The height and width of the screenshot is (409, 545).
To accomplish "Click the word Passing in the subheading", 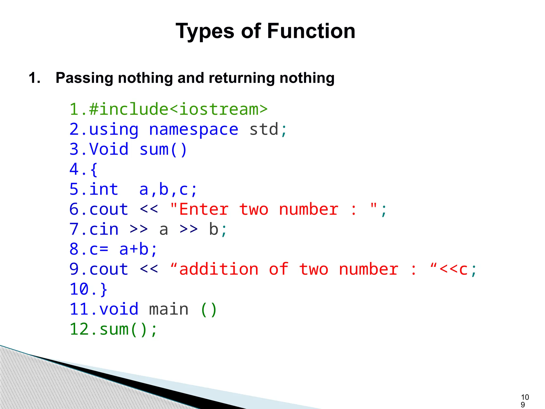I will point(84,78).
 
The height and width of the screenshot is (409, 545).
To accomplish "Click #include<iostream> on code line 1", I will point(178,109).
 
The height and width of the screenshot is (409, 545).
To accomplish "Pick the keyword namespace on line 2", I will point(193,129).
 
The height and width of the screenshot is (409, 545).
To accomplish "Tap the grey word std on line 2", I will point(263,129).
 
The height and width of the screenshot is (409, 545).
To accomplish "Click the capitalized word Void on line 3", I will point(109,149).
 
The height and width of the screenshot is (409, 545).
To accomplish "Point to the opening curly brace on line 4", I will point(94,170).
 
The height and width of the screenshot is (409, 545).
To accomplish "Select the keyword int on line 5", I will point(104,189).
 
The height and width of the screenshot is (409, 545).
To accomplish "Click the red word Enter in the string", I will point(204,209).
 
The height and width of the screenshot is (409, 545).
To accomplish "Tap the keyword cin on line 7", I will point(104,229).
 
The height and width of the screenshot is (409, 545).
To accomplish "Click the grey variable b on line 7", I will point(213,229).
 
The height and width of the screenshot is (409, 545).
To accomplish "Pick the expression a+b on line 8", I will point(134,249).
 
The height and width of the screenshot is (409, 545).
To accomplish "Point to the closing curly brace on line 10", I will point(104,289).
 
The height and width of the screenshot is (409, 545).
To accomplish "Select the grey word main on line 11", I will point(169,309).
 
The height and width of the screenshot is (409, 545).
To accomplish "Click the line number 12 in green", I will point(79,329).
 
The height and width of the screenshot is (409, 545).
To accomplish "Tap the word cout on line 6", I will point(109,209).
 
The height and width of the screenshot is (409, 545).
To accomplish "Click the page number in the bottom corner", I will point(525,401).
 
